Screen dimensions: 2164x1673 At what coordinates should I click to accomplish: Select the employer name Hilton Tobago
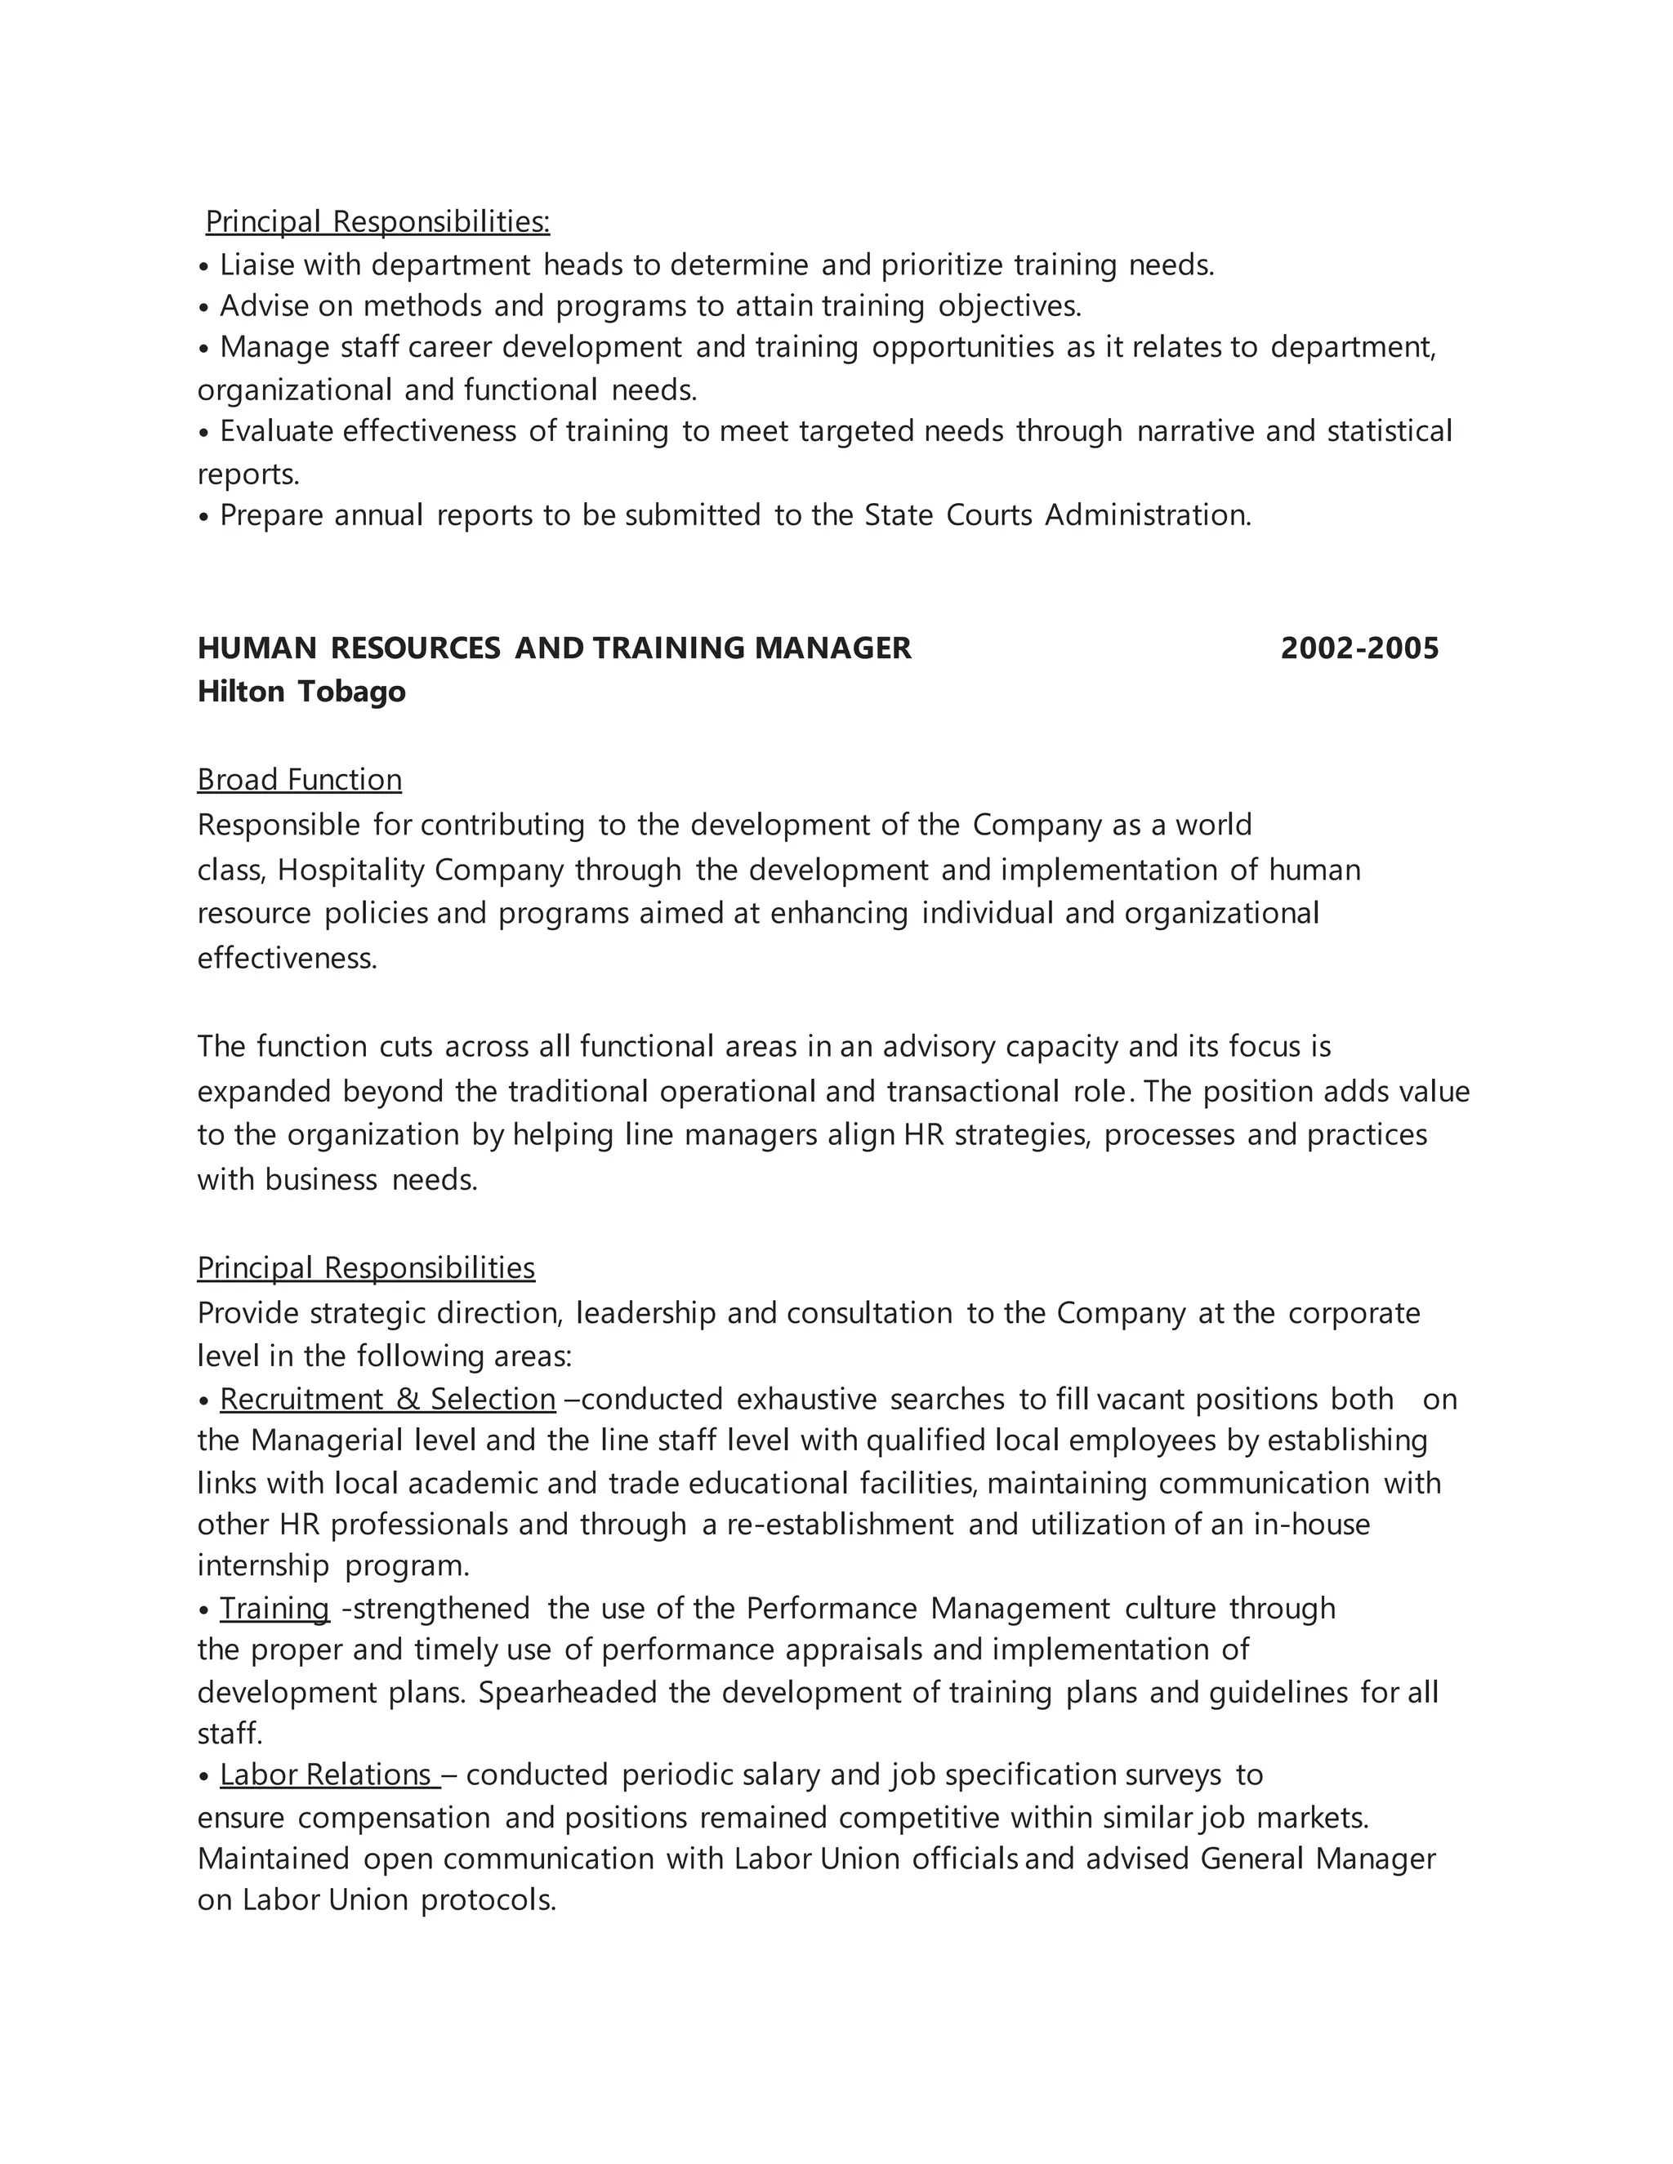[x=301, y=691]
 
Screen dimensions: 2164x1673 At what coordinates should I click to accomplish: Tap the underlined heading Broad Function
[x=299, y=780]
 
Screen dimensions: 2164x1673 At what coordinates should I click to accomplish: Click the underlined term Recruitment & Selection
[x=387, y=1398]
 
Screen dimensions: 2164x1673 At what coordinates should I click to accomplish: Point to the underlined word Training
[x=274, y=1607]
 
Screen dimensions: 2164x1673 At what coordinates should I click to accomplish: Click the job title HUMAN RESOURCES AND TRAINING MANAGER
[x=554, y=648]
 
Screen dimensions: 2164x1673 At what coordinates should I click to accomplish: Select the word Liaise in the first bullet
[x=257, y=265]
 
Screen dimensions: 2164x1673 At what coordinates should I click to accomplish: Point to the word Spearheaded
[x=568, y=1691]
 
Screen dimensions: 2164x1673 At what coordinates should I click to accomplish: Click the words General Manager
[x=1317, y=1858]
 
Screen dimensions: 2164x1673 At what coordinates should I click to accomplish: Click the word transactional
[x=972, y=1091]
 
